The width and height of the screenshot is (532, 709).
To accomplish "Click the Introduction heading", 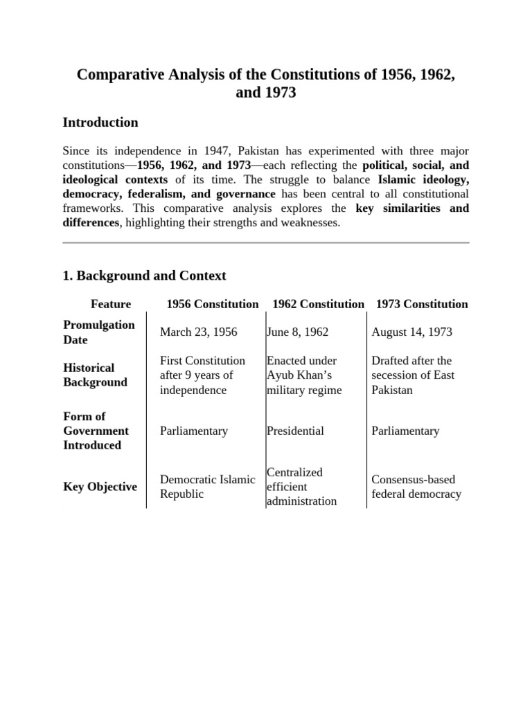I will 100,123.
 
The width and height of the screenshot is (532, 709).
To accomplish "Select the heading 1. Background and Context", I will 144,276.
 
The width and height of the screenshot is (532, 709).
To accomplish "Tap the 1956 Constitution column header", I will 212,304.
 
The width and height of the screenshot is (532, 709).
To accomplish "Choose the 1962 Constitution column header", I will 318,304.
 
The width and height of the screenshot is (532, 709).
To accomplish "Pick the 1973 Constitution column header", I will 421,304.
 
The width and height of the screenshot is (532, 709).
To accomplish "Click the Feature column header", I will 111,304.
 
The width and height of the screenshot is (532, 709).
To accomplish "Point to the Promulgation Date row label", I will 99,332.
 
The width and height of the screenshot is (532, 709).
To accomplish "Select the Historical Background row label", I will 96,375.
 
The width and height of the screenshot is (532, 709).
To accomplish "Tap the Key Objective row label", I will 100,487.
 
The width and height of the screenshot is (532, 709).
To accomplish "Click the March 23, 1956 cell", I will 198,332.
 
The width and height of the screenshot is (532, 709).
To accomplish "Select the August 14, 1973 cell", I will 411,332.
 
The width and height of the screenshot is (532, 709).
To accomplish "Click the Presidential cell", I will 295,431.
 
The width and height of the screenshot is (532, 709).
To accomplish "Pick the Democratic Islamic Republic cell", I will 207,487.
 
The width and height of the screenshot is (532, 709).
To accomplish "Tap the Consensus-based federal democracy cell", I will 416,487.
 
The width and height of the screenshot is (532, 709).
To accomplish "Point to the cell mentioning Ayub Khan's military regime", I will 304,375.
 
